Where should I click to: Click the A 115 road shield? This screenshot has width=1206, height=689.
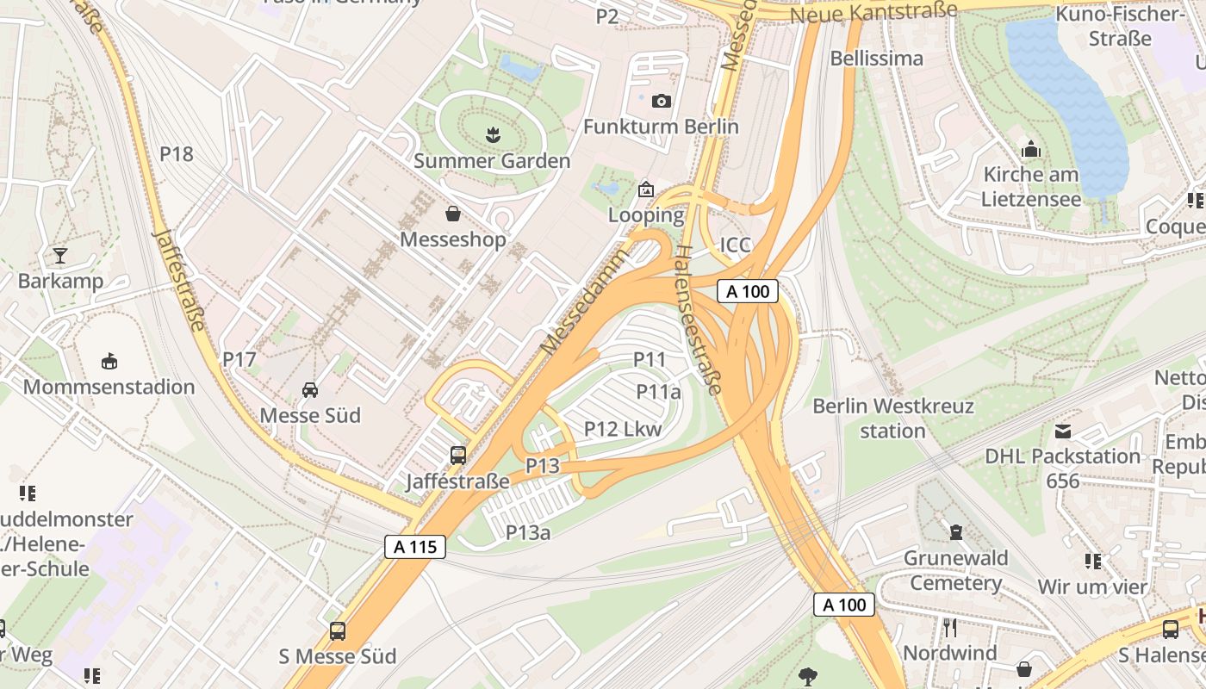(x=414, y=546)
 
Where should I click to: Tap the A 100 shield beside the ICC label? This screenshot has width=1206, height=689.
(x=748, y=291)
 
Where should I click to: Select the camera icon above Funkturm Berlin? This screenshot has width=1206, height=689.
(x=661, y=101)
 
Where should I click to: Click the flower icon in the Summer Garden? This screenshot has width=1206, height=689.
(x=492, y=134)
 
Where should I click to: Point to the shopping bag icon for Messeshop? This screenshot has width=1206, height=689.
(x=453, y=214)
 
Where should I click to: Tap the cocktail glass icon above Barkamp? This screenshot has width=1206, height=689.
(x=60, y=255)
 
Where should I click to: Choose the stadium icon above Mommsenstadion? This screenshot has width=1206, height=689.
(x=109, y=361)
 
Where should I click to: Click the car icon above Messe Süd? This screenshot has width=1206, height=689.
(x=310, y=390)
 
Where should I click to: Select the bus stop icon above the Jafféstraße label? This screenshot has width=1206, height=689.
(x=458, y=455)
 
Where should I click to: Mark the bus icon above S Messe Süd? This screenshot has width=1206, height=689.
(x=338, y=631)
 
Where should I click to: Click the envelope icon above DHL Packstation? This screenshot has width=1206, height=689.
(x=1063, y=431)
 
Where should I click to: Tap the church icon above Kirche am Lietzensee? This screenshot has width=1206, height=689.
(x=1031, y=150)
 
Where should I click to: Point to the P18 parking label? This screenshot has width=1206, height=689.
(x=177, y=154)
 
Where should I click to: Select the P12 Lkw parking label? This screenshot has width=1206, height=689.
(x=623, y=428)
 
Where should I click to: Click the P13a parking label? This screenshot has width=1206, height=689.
(x=528, y=532)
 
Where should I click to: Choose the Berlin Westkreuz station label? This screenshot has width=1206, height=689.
(x=892, y=418)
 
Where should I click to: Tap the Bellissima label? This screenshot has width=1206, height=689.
(x=876, y=59)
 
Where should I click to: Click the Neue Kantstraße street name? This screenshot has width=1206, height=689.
(x=873, y=12)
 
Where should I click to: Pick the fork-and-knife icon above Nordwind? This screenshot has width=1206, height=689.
(x=950, y=627)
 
